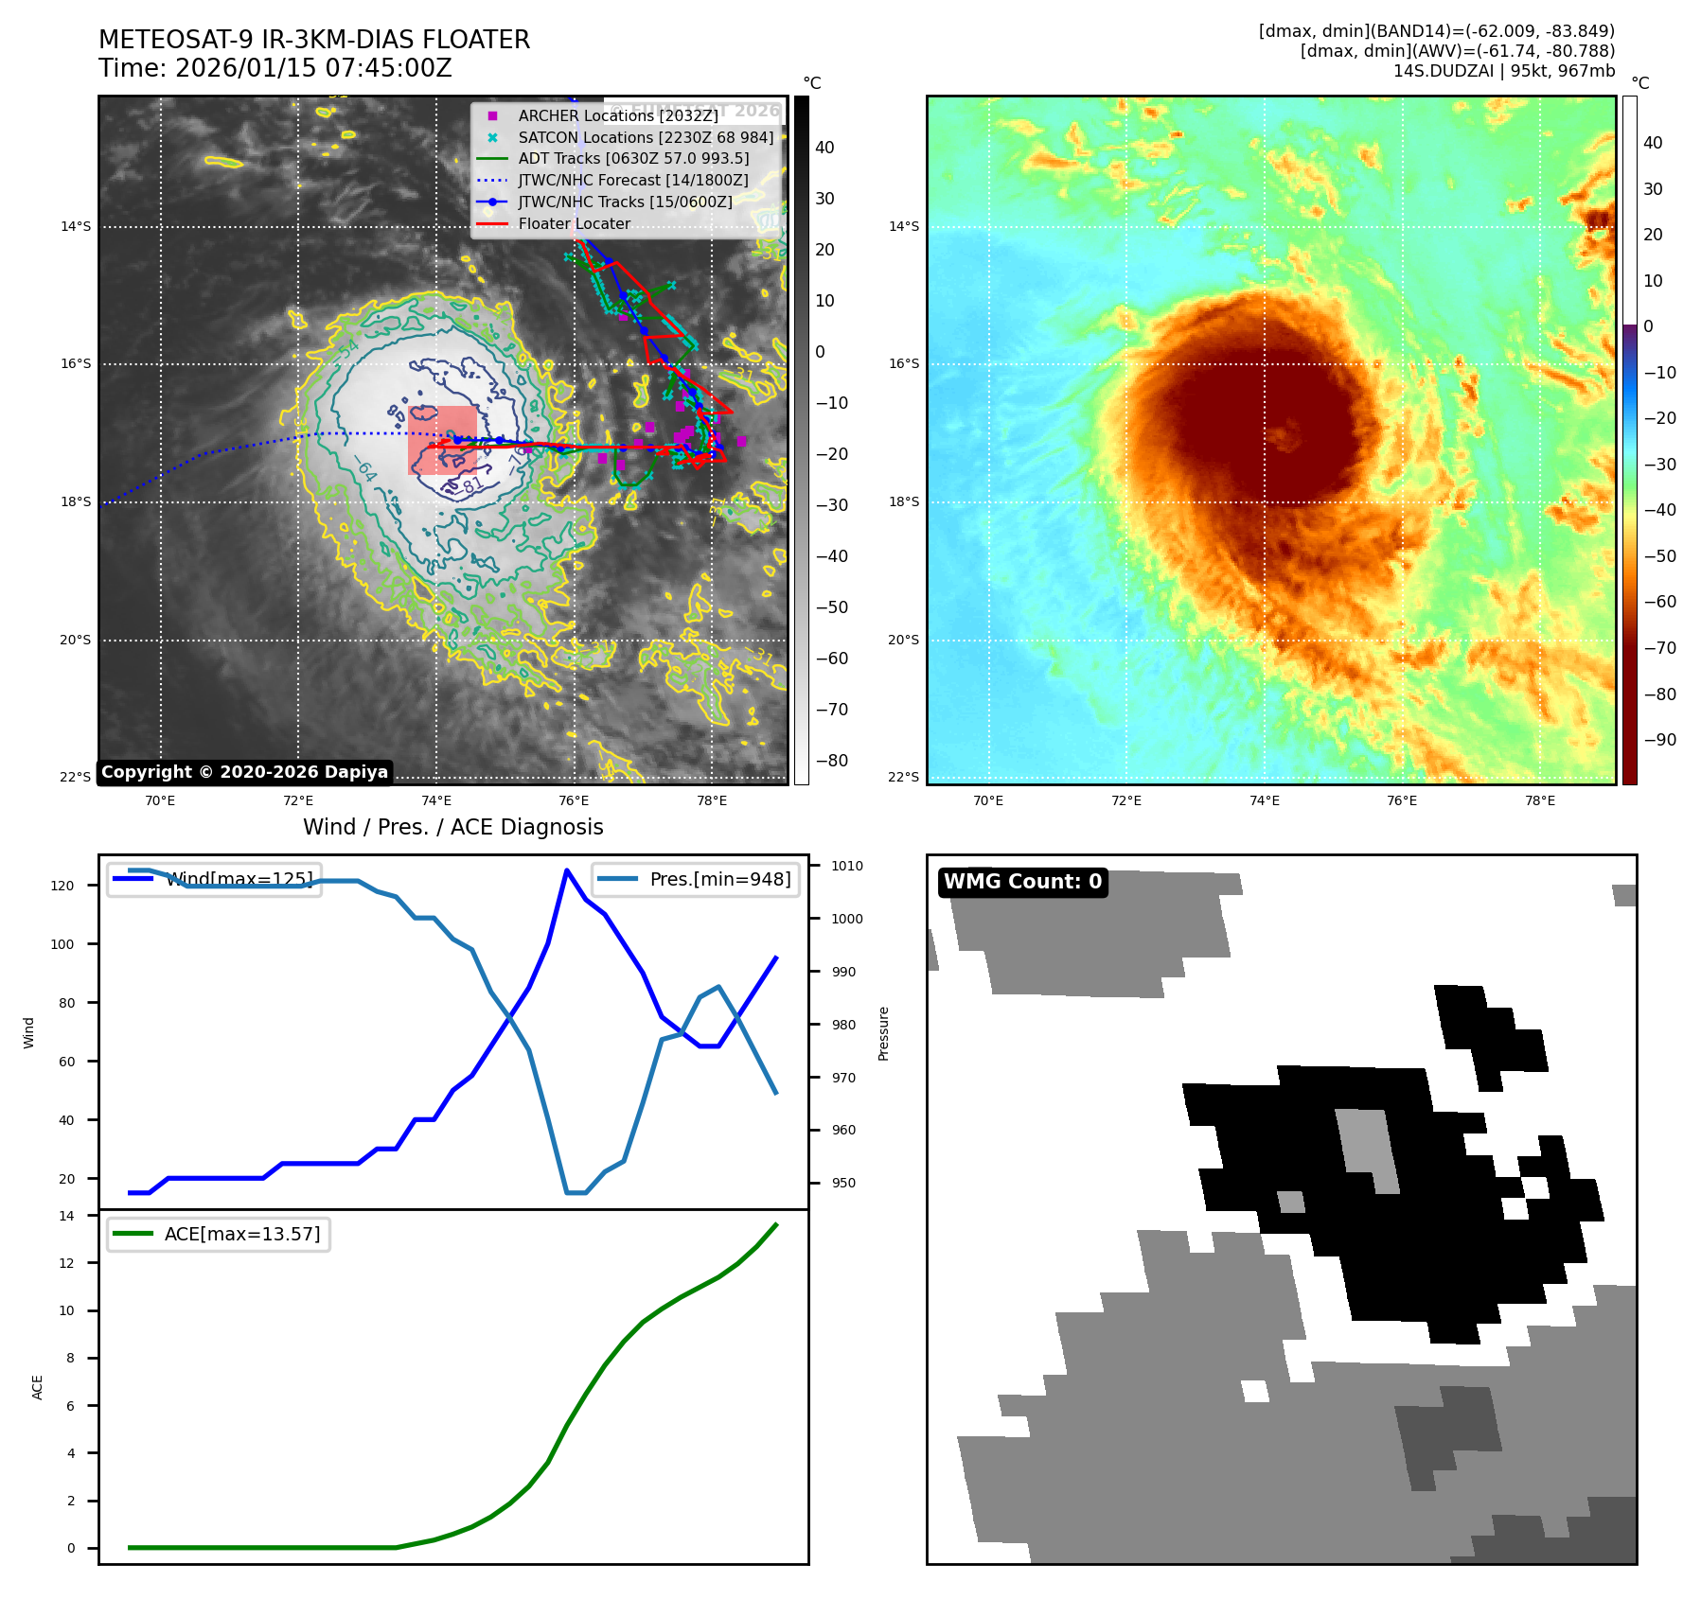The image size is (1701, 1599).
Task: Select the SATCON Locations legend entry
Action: click(645, 137)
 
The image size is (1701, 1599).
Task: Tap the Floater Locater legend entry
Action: click(574, 223)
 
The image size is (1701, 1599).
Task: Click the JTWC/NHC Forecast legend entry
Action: click(632, 180)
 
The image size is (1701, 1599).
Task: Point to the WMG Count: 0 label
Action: click(1022, 882)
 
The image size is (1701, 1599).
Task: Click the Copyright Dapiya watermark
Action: click(244, 772)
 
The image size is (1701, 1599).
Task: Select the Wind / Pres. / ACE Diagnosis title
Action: click(452, 827)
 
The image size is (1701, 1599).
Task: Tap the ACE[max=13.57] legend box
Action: click(219, 1234)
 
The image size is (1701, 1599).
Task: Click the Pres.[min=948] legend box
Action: click(696, 879)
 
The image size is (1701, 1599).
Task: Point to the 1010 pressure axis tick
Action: click(846, 866)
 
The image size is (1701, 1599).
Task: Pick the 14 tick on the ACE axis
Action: click(66, 1216)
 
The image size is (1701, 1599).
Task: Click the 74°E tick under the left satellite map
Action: click(436, 800)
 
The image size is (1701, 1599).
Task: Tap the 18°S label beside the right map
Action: click(903, 501)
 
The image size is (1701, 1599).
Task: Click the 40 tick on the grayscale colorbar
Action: click(824, 148)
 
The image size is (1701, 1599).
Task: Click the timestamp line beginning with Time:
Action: click(275, 69)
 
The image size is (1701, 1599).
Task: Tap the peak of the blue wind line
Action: click(567, 870)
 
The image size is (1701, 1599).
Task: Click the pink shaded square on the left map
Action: click(442, 440)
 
